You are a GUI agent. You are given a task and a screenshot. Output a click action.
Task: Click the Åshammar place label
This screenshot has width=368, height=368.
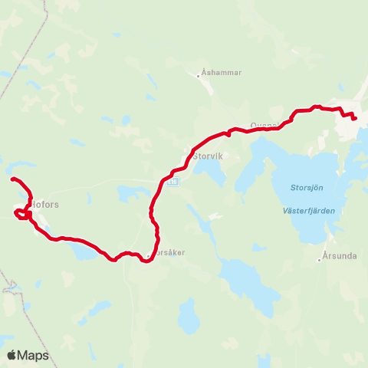point(222,73)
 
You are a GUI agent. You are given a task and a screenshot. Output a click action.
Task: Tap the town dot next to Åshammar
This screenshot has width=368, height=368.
point(198,74)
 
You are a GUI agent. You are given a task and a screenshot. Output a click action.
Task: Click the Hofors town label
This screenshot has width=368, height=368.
point(46,205)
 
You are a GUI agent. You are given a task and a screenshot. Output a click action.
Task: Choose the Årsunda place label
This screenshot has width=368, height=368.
point(340,259)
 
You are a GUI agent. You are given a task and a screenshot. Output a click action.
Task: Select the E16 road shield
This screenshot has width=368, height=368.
point(173,182)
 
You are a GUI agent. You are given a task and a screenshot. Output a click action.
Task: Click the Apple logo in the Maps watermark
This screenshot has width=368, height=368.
point(12,355)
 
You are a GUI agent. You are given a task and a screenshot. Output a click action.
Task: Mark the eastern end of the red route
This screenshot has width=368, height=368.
point(354,118)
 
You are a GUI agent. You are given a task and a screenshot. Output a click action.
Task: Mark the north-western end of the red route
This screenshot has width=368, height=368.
point(12,179)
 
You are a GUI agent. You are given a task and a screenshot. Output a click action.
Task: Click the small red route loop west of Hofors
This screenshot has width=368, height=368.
point(19,212)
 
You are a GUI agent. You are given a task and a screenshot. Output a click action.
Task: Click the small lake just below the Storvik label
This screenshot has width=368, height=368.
point(214,175)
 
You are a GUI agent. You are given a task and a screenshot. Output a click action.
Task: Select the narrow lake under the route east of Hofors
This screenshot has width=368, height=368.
point(83,251)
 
